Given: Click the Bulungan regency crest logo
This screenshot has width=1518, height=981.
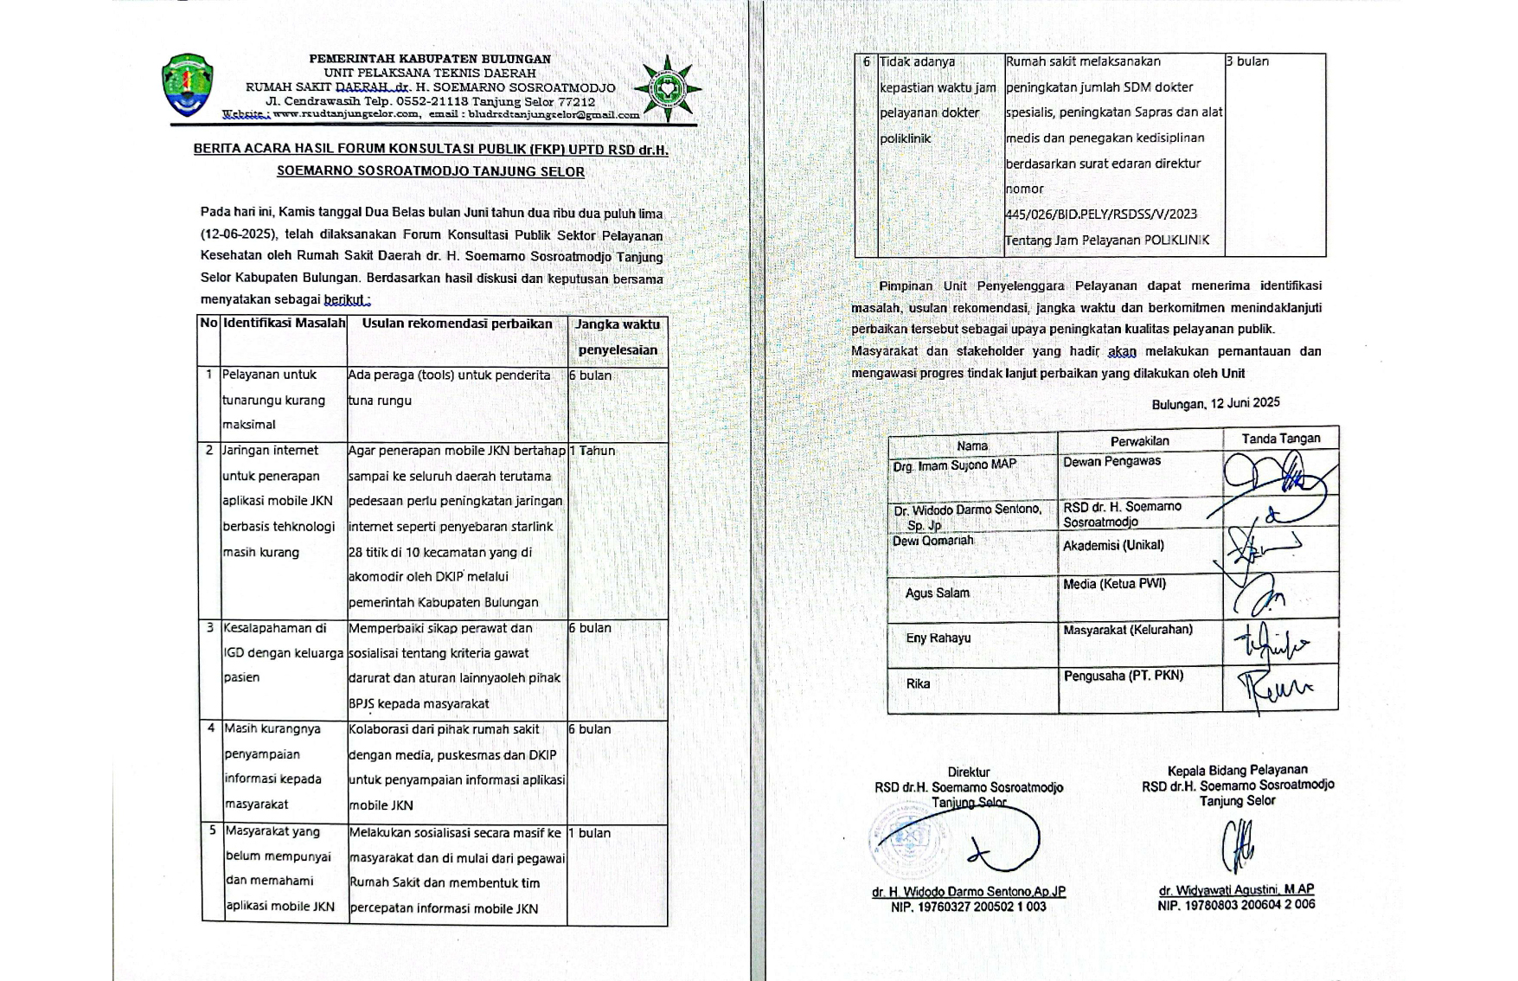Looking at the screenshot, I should [187, 86].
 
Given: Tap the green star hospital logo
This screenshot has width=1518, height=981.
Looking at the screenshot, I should [667, 87].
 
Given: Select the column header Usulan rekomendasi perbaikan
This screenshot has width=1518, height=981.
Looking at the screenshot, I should [457, 324].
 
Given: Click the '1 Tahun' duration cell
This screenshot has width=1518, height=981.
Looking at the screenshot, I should [592, 451].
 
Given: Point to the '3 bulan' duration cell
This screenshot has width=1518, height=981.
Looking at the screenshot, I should [1247, 61].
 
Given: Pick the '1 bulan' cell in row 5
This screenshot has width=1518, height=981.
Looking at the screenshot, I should [590, 833].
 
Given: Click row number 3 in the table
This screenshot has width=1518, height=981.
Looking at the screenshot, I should [210, 628].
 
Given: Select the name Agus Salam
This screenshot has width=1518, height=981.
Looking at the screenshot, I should [937, 593].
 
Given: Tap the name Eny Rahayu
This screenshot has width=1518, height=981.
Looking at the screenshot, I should [938, 638].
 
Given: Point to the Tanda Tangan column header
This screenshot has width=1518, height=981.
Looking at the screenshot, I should [1280, 439].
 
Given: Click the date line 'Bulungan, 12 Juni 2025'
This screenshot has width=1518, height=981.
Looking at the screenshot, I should [1215, 403].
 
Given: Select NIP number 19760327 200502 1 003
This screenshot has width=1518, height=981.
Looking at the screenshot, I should [968, 907].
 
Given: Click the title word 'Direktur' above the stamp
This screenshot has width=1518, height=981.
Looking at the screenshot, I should [968, 773].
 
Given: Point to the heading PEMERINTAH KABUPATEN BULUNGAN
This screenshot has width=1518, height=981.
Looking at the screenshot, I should [430, 59].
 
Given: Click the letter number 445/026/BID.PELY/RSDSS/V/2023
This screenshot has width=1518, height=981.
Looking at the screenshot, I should [1100, 215].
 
